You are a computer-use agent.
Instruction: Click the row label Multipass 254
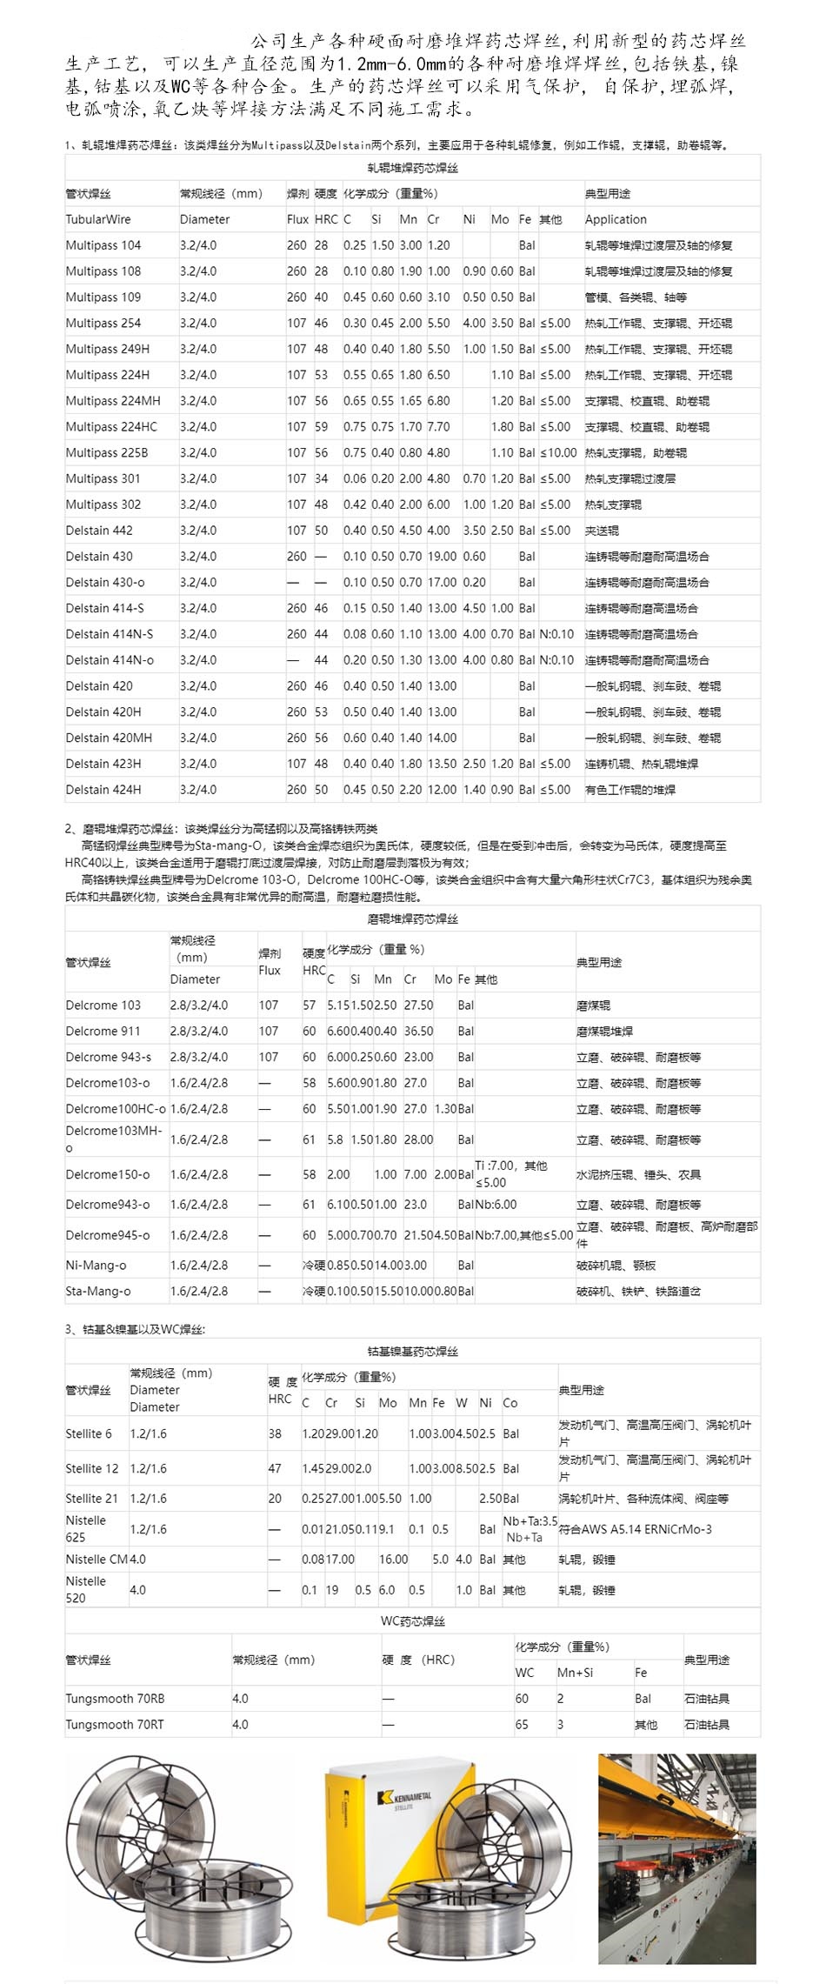[103, 323]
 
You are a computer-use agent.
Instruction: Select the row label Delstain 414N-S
[109, 634]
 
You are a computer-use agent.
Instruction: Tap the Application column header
[616, 219]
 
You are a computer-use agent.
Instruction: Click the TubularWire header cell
[98, 219]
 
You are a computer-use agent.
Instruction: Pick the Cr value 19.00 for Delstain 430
[442, 556]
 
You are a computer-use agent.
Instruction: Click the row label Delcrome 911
[103, 1031]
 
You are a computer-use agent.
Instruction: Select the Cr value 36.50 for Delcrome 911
[418, 1031]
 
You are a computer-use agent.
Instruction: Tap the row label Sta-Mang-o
[98, 1291]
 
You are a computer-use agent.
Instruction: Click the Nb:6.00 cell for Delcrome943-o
[496, 1204]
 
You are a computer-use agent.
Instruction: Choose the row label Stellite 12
[91, 1468]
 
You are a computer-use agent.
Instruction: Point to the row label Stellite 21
[91, 1498]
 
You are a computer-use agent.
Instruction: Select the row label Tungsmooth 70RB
[115, 1698]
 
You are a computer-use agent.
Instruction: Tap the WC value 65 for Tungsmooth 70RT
[522, 1724]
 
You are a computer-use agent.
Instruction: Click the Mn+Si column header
[575, 1672]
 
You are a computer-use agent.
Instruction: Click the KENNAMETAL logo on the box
[405, 1798]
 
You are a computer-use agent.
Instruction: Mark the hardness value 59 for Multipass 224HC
[321, 426]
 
